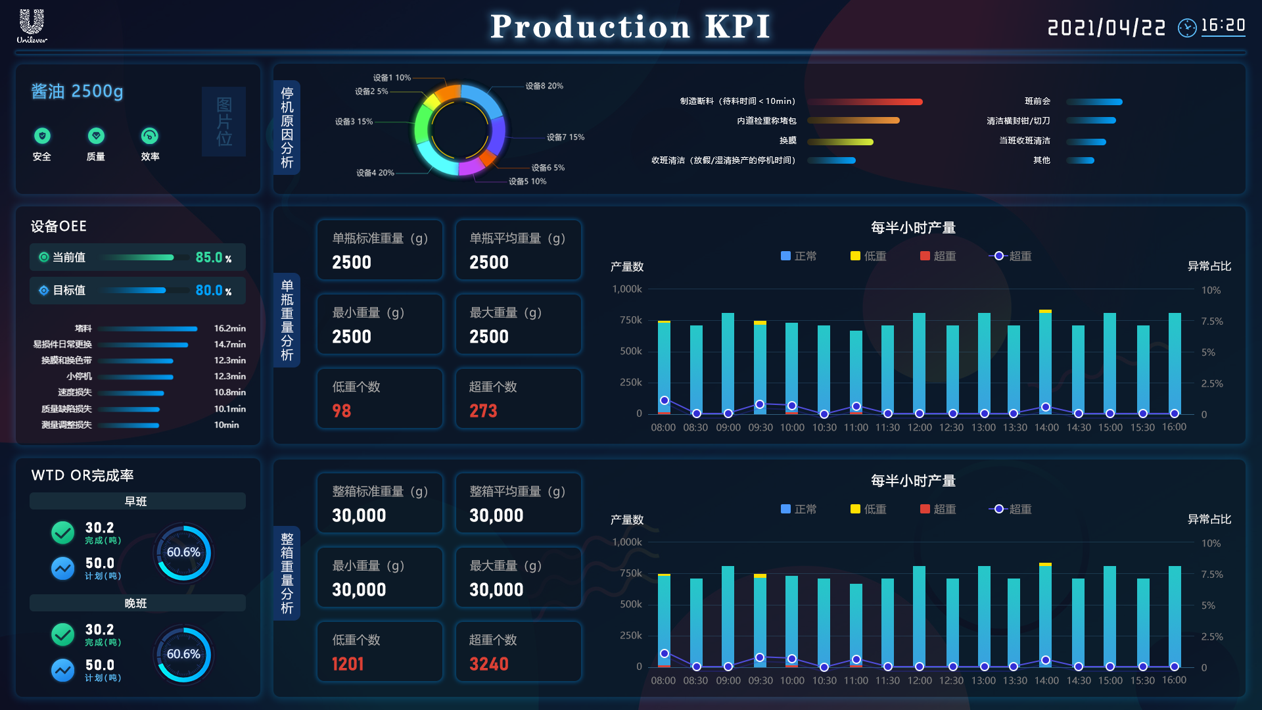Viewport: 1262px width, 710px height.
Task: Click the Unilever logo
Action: coord(32,26)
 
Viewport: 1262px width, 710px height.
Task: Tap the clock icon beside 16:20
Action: coord(1186,28)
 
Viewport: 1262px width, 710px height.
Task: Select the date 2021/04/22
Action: coord(1106,28)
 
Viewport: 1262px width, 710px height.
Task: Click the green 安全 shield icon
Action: coord(42,136)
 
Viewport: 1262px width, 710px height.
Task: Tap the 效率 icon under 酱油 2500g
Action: coord(150,136)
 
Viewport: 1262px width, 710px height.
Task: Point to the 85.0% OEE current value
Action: coord(213,258)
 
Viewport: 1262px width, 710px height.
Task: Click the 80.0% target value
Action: coord(213,291)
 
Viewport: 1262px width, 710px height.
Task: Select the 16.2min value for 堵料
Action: coord(229,328)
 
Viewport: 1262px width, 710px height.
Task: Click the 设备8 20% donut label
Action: coord(544,86)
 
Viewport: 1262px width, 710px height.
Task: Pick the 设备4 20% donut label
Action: coord(375,173)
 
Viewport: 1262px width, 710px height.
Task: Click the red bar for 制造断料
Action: coord(865,102)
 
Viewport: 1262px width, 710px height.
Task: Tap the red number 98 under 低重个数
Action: coord(342,411)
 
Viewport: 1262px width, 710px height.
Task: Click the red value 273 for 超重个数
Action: coord(483,411)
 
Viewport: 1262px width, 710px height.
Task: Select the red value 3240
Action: coord(489,664)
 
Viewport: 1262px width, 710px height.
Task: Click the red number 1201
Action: coord(348,664)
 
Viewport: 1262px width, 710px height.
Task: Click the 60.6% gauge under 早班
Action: coord(183,552)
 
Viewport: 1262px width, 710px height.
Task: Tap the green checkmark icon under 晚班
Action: coord(63,634)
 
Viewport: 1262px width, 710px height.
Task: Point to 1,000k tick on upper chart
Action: coord(627,289)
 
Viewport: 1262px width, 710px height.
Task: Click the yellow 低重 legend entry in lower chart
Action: coord(868,509)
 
